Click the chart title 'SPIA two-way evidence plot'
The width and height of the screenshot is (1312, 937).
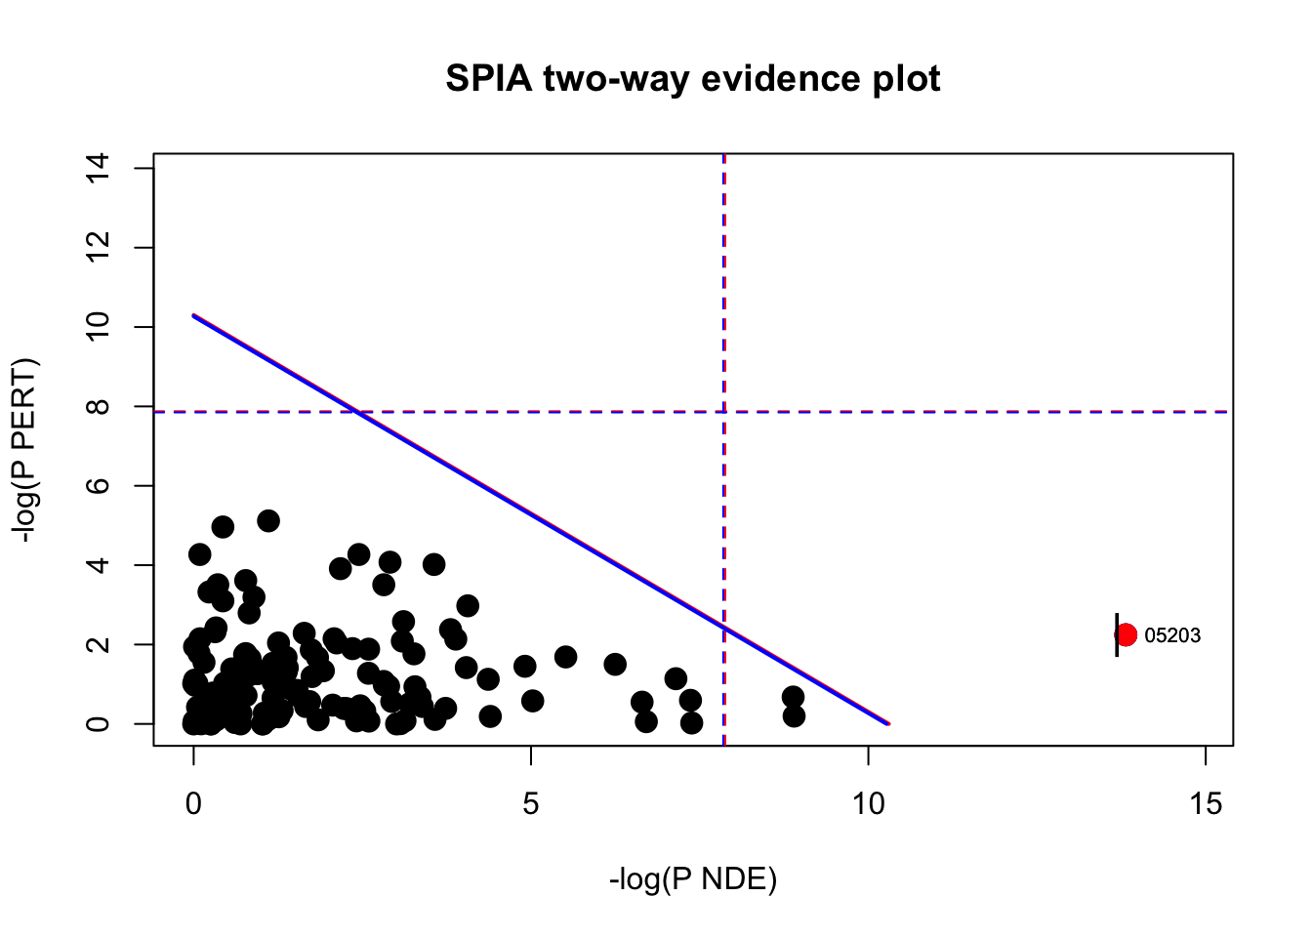(692, 79)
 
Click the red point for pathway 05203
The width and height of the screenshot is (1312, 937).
(1126, 634)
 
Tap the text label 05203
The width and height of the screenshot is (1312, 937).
(1172, 635)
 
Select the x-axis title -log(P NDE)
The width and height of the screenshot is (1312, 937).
(692, 879)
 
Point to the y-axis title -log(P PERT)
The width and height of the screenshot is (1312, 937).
(25, 450)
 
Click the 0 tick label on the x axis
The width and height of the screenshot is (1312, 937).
(193, 804)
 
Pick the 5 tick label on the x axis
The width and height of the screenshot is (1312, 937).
(531, 804)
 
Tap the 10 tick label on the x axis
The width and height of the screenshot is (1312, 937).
(868, 804)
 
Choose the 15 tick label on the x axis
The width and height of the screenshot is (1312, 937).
(1206, 804)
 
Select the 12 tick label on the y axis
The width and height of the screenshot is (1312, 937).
(98, 248)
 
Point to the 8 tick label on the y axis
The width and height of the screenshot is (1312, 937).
(98, 406)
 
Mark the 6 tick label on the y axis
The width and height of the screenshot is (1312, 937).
(98, 486)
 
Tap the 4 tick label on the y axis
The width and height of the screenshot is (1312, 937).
(98, 565)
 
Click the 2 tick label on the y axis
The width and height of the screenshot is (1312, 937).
(98, 644)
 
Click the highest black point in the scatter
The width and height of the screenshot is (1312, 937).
(268, 521)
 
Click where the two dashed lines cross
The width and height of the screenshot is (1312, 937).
(723, 412)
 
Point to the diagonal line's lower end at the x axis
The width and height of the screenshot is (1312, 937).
(887, 723)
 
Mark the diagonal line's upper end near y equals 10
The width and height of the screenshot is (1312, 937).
(194, 315)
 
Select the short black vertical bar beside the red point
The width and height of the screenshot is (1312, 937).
(1117, 634)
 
